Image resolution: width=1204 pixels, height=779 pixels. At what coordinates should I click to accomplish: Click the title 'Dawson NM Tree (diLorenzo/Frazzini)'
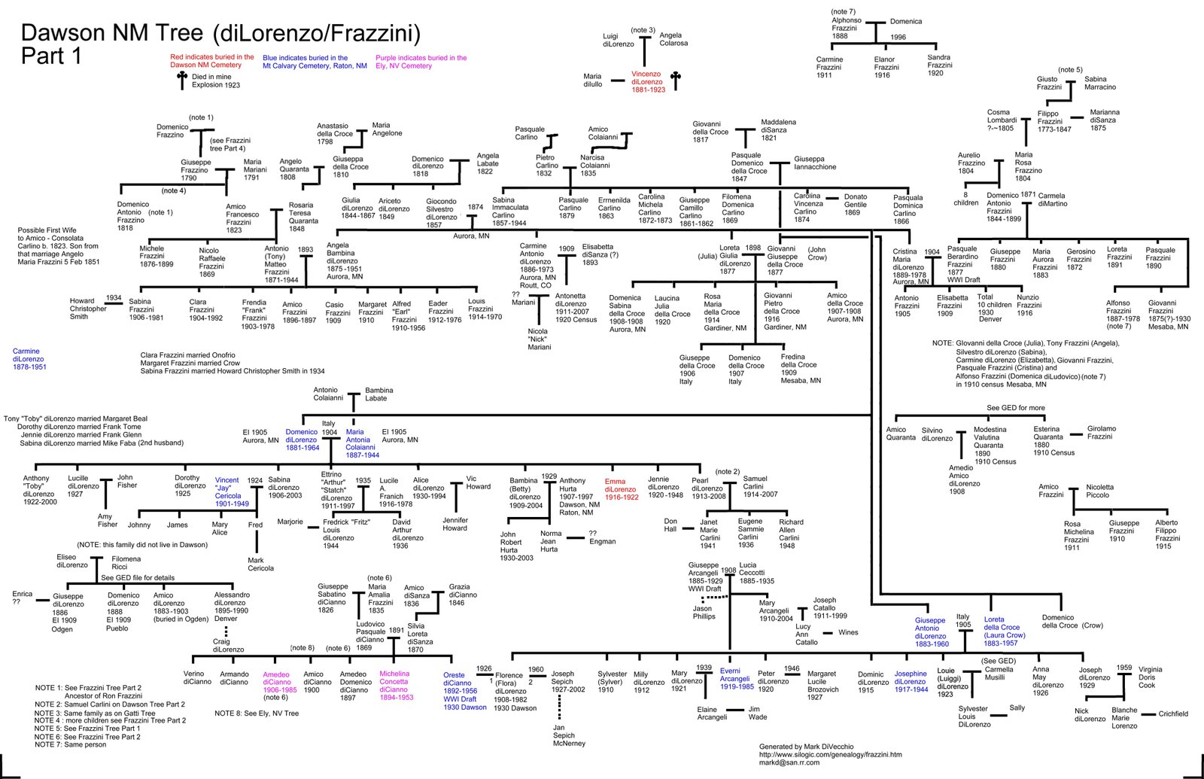tap(220, 33)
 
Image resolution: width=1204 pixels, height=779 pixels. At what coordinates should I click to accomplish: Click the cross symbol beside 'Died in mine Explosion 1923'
tap(182, 80)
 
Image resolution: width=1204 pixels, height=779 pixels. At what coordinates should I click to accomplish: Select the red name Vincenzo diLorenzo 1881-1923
tap(648, 82)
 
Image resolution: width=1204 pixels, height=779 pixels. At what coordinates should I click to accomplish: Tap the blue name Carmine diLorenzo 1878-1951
tap(29, 359)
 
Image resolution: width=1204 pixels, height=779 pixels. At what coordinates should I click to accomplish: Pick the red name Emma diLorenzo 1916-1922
tap(622, 489)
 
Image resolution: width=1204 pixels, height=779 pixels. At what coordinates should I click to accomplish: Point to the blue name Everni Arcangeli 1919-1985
tap(737, 678)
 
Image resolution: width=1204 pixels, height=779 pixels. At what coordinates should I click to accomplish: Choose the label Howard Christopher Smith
tap(88, 309)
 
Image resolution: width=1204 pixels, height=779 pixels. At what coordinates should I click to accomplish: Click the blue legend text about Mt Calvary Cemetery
tap(315, 62)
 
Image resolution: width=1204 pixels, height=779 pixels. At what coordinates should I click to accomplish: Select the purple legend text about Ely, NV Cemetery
tap(421, 62)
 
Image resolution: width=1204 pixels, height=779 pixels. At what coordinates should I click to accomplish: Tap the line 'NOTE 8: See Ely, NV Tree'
tap(257, 714)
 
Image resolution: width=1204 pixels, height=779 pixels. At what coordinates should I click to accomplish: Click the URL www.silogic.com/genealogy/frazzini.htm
tap(831, 754)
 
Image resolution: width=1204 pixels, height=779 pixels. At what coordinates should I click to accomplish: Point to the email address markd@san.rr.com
tap(789, 762)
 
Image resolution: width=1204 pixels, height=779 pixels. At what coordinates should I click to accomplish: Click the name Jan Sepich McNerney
tap(569, 735)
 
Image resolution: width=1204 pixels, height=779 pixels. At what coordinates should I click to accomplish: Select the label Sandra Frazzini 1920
tap(940, 65)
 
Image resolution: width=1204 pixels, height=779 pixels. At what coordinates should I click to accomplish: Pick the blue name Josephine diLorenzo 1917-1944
tap(911, 681)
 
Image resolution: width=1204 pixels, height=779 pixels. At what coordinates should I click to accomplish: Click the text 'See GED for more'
tap(1016, 407)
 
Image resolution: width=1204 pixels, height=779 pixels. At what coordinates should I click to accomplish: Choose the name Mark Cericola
tap(260, 564)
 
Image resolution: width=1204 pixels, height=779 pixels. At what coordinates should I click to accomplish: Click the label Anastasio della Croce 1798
tap(334, 134)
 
